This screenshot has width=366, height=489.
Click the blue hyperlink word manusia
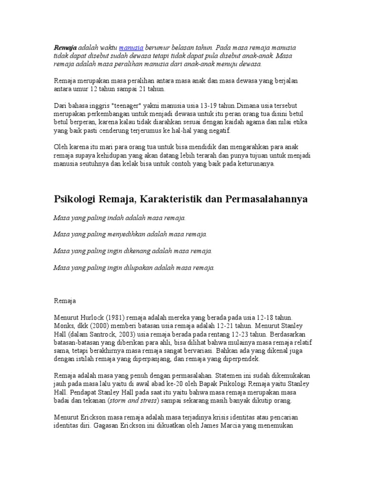131,48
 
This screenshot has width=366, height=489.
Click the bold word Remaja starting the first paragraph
65,48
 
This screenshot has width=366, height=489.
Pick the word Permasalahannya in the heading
266,199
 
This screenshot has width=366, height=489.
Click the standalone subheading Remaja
64,301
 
